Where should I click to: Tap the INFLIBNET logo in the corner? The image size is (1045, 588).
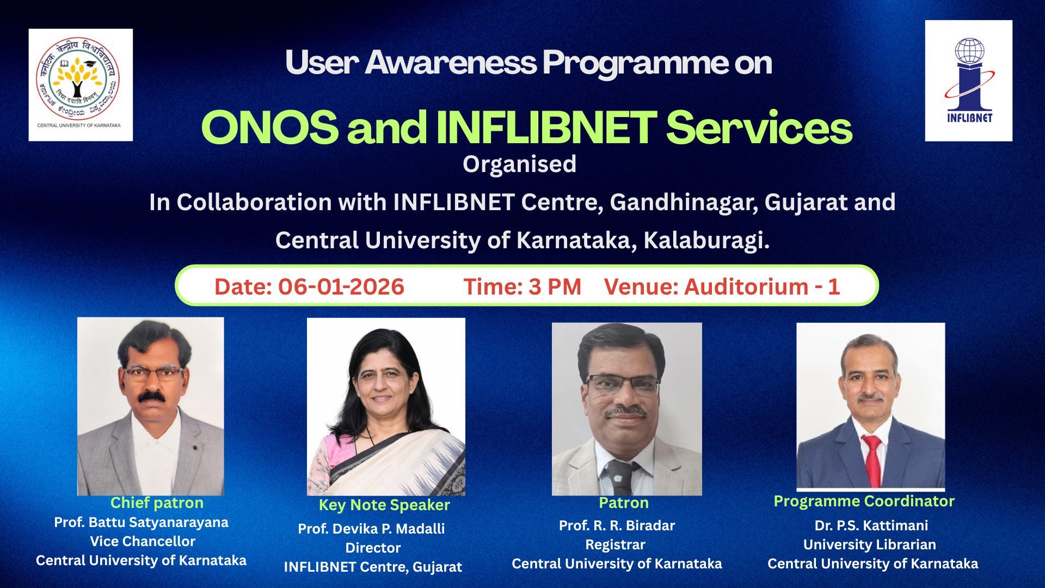(x=969, y=81)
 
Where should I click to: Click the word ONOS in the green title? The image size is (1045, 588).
(x=270, y=127)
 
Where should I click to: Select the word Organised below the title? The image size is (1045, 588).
(x=519, y=164)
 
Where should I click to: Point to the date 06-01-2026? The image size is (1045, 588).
(x=341, y=287)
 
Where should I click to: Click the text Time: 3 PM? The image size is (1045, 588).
(x=522, y=287)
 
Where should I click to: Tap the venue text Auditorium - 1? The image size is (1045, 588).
(x=762, y=287)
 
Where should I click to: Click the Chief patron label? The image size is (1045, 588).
(x=157, y=503)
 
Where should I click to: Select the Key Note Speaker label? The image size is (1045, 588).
(x=384, y=505)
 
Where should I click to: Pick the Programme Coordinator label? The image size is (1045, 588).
(x=864, y=501)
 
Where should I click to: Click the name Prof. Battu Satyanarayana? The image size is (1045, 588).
(x=141, y=523)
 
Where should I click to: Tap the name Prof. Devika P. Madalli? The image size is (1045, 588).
(x=371, y=529)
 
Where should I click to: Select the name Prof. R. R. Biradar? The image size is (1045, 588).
(x=617, y=525)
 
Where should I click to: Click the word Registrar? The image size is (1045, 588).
(x=615, y=545)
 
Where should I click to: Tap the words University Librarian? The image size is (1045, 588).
(x=870, y=544)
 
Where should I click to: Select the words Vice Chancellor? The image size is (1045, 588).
(x=143, y=541)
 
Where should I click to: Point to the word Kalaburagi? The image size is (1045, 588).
(x=706, y=241)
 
